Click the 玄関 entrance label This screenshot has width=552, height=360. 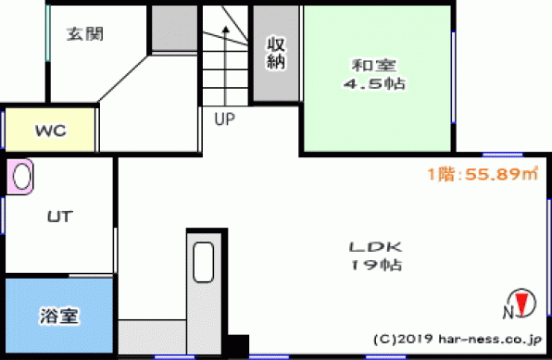(85, 34)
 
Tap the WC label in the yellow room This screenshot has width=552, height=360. (50, 130)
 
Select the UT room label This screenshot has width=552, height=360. (60, 217)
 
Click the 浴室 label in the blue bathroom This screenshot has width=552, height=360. (58, 316)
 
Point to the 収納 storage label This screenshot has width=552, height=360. (276, 53)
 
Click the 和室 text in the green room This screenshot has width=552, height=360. (374, 66)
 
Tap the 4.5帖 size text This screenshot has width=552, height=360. (374, 84)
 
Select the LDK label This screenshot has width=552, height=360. (375, 247)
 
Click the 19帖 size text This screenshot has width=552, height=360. (375, 265)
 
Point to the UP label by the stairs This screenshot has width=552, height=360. (225, 119)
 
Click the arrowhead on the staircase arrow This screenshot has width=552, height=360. (226, 30)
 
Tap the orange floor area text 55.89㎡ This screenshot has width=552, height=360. (501, 174)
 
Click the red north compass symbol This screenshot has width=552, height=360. (522, 303)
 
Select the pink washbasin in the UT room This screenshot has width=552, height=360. (20, 177)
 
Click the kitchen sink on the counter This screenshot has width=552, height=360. (204, 262)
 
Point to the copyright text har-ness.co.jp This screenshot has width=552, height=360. (490, 339)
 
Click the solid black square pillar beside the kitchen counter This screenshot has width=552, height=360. (238, 344)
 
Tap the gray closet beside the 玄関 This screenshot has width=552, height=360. (174, 28)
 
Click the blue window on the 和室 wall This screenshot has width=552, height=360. (454, 78)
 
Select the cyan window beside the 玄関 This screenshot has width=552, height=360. (48, 33)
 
